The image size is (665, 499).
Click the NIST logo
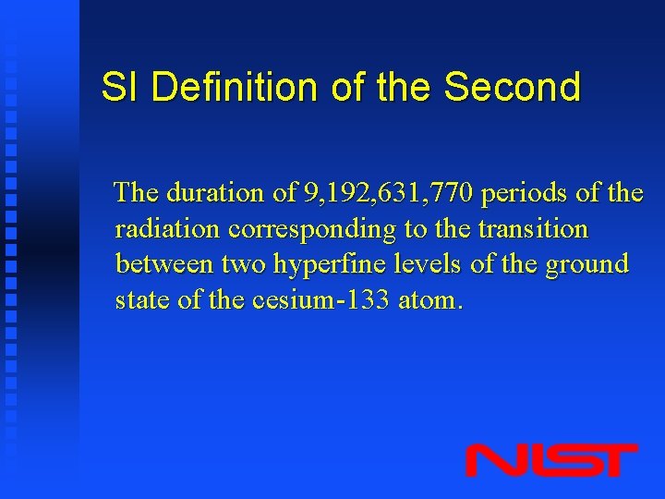(x=551, y=460)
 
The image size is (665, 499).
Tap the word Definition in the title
(x=236, y=88)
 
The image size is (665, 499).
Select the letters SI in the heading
(x=120, y=88)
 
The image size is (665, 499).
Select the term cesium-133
(x=317, y=300)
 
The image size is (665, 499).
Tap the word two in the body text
(x=242, y=265)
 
